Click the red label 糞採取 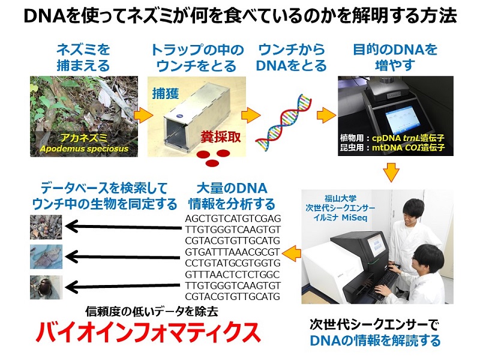coord(220,137)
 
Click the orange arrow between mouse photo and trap coord(141,113)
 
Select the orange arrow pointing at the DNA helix coord(251,114)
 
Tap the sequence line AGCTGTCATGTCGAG coord(233,218)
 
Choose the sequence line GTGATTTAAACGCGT coord(233,251)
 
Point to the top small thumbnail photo coord(43,226)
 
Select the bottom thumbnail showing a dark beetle coord(43,287)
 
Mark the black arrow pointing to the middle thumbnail coord(119,257)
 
